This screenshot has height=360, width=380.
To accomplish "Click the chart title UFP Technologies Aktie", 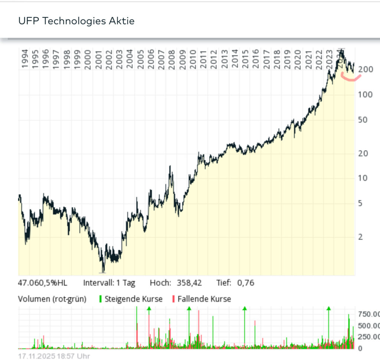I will click(x=76, y=21).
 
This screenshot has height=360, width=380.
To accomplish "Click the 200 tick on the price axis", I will click(x=366, y=69).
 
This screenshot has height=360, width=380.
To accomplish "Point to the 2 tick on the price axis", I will click(x=360, y=237).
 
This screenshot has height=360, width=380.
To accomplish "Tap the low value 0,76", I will click(x=246, y=283).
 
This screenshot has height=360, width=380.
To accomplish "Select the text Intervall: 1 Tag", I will click(x=109, y=283).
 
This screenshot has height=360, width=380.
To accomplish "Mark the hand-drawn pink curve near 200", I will click(x=351, y=78).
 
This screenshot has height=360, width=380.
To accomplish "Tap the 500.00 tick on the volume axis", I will click(x=368, y=326).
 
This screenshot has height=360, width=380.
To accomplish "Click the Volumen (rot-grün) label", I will click(x=52, y=299).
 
